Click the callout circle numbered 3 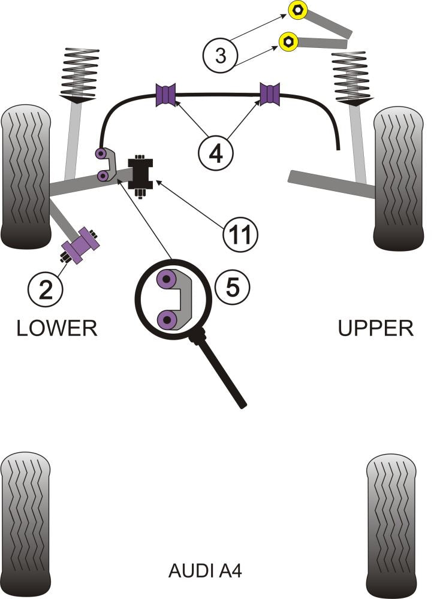click(x=221, y=56)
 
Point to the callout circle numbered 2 click(x=45, y=289)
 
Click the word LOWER click(x=56, y=328)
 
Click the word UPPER click(x=376, y=328)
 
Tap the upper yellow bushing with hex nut click(x=297, y=10)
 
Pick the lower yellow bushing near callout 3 click(x=289, y=41)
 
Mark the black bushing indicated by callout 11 click(x=142, y=172)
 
